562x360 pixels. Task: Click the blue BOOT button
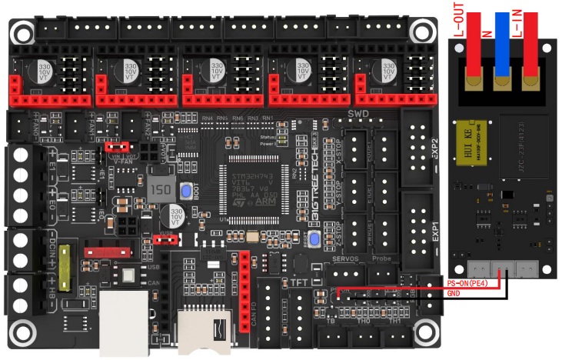[186, 192]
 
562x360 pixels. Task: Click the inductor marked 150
[161, 190]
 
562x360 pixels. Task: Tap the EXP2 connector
[418, 147]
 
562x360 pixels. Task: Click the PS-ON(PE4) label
[472, 284]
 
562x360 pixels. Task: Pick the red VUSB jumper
[164, 238]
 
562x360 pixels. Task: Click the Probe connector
[387, 272]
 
